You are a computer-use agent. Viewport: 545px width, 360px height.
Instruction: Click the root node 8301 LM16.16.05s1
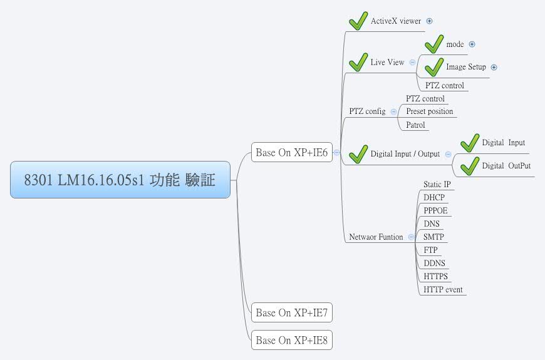120,180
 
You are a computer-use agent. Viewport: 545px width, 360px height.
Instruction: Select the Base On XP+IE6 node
291,152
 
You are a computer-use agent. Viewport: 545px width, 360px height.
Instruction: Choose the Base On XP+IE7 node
291,312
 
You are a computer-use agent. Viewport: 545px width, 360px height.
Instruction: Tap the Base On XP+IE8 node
291,341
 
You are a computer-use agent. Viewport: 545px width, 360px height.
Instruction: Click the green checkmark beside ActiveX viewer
358,21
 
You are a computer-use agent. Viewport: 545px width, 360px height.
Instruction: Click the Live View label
387,62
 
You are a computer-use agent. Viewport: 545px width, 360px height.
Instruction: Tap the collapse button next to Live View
412,62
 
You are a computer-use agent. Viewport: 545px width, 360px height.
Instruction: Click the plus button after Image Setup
494,68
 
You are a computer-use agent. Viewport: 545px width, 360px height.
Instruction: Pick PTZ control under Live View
444,85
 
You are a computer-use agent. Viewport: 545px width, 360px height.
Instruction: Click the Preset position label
429,111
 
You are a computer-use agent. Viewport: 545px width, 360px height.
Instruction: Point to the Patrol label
415,125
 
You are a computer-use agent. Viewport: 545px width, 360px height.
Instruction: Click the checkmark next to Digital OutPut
470,166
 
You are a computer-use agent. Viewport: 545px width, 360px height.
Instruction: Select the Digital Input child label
503,143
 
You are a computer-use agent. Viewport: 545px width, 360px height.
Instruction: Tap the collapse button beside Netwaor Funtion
410,237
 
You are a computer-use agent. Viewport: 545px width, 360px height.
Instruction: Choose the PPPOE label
435,210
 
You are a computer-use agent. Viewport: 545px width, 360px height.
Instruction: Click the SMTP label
434,237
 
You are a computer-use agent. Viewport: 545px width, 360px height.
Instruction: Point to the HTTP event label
443,289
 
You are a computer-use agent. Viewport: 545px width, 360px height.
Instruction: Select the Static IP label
437,184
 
